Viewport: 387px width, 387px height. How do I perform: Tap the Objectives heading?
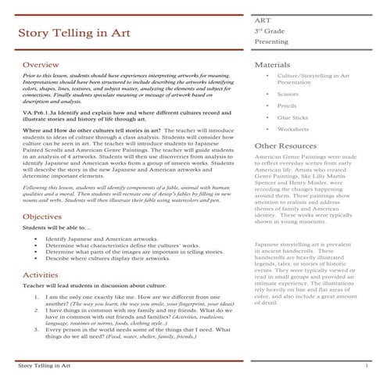pyautogui.click(x=42, y=216)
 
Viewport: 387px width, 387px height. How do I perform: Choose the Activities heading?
pyautogui.click(x=40, y=275)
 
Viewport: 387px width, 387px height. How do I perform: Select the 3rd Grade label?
pyautogui.click(x=268, y=30)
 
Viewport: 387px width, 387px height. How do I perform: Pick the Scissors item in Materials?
pyautogui.click(x=288, y=93)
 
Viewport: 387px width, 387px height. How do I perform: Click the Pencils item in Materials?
pyautogui.click(x=286, y=105)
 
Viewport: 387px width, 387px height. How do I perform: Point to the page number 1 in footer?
pyautogui.click(x=366, y=366)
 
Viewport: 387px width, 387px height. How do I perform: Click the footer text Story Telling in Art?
pyautogui.click(x=45, y=366)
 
